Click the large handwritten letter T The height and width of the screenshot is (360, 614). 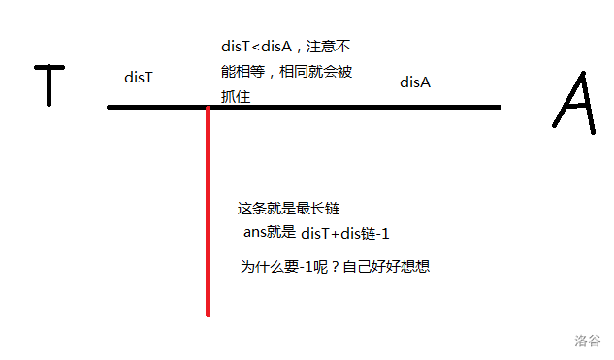coord(49,85)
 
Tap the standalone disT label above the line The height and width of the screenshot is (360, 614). coord(139,78)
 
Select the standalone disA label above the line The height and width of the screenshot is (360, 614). coord(415,82)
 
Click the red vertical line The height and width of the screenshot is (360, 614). coord(208,212)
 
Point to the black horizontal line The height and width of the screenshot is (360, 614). coord(305,107)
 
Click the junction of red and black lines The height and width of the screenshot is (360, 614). coord(208,107)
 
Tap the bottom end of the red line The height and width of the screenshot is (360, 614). coord(208,315)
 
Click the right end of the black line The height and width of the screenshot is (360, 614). coord(500,107)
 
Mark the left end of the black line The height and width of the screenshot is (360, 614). coord(109,107)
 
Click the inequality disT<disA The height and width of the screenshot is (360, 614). coord(256,47)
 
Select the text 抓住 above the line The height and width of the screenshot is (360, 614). coord(236,96)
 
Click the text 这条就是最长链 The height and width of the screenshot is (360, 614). coord(288,209)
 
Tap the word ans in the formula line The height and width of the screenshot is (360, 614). coord(255,232)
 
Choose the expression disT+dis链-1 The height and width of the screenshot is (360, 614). coord(345,234)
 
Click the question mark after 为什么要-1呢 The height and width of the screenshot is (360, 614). coord(335,267)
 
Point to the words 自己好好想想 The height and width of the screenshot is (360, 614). coord(386,267)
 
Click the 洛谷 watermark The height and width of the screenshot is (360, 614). coord(588,341)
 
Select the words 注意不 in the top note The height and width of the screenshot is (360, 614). coord(328,47)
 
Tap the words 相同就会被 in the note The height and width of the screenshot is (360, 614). coord(315,72)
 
